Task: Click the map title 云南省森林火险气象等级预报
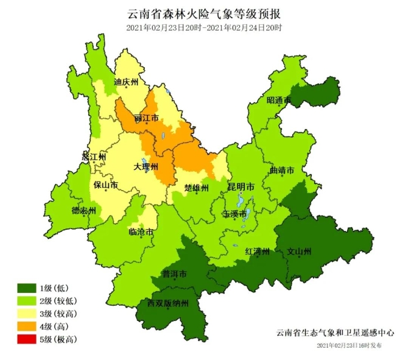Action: click(203, 13)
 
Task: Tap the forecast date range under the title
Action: click(203, 28)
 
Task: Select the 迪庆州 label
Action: click(127, 81)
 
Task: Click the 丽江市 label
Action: click(146, 117)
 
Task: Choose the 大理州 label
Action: click(146, 166)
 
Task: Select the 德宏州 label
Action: click(84, 211)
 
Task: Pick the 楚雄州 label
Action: click(197, 187)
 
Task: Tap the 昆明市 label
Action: click(241, 186)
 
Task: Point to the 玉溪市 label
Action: click(234, 214)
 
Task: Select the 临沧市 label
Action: click(141, 232)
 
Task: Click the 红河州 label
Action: click(256, 251)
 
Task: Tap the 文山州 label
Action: click(300, 251)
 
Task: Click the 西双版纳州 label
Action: click(167, 303)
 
